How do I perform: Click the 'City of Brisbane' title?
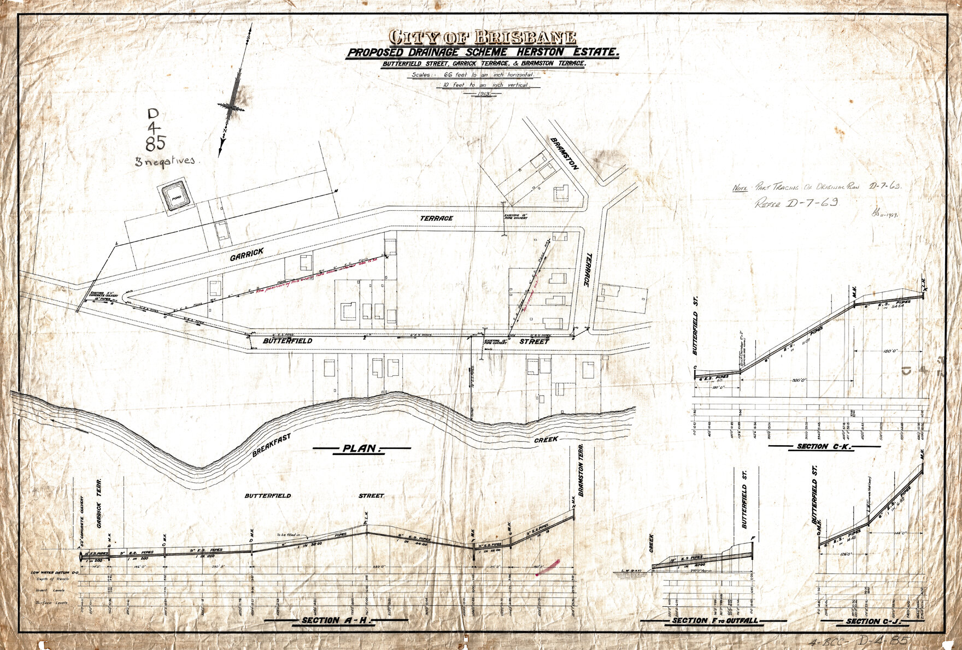[x=482, y=37]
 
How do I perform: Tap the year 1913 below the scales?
[x=482, y=94]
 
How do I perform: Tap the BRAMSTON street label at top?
[x=564, y=153]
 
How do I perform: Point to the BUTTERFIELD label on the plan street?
[x=288, y=341]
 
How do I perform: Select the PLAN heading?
[x=361, y=448]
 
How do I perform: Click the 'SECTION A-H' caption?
[x=336, y=621]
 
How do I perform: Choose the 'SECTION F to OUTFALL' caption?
[x=714, y=621]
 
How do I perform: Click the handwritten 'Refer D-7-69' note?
[x=796, y=204]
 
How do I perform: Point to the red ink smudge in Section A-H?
[x=548, y=568]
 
